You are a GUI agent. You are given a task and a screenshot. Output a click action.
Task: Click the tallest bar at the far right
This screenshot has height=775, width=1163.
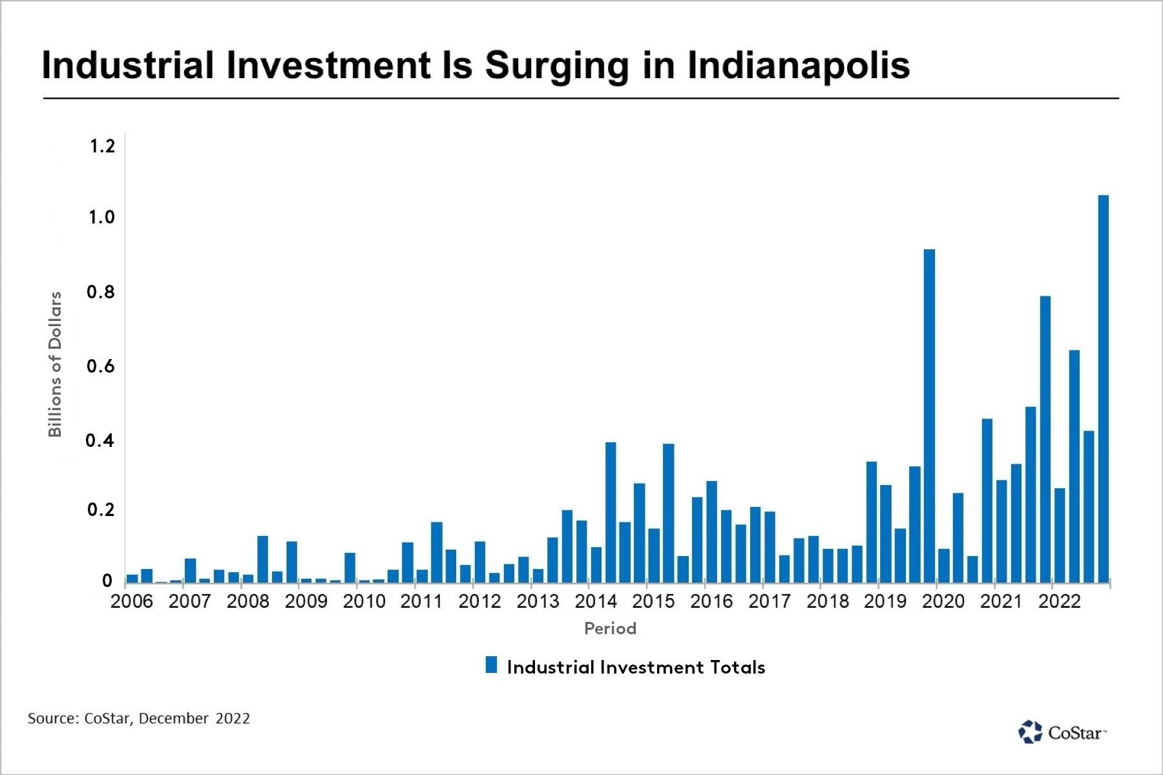click(x=1104, y=388)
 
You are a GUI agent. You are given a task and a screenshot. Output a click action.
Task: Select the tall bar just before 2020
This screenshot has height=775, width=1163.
click(x=929, y=415)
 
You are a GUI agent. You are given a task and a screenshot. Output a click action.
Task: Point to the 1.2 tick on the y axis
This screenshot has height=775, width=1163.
click(x=102, y=147)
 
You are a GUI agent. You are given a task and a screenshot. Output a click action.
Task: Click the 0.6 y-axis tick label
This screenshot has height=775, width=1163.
click(x=100, y=366)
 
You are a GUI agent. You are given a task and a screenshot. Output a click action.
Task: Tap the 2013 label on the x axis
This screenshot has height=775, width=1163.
click(x=538, y=601)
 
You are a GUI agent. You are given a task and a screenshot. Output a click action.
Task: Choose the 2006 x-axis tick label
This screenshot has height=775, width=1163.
click(x=132, y=601)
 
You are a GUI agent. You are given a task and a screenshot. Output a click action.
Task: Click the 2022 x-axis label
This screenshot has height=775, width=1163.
click(x=1060, y=601)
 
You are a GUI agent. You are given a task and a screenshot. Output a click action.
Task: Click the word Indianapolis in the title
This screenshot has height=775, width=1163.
click(x=798, y=66)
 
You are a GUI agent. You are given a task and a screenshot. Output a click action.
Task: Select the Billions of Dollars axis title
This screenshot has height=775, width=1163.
click(x=56, y=364)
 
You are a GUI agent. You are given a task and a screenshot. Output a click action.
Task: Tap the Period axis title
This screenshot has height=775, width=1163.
click(x=610, y=628)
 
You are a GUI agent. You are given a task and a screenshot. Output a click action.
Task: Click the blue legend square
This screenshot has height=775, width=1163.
click(x=492, y=665)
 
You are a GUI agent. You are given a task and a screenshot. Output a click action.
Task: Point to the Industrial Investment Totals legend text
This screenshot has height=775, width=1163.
click(x=636, y=667)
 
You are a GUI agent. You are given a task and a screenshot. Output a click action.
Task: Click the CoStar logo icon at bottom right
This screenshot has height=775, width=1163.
click(x=1031, y=732)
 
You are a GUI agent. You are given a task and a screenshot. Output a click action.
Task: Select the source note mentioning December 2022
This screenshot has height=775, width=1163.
click(x=139, y=718)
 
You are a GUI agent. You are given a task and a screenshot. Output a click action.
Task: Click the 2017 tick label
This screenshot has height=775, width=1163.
click(x=770, y=601)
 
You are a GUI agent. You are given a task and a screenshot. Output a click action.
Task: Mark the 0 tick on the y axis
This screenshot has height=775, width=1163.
click(x=107, y=581)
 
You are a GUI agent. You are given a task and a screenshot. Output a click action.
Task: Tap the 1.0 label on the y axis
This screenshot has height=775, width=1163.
click(x=101, y=217)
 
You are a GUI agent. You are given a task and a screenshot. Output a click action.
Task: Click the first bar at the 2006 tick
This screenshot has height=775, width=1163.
click(x=132, y=578)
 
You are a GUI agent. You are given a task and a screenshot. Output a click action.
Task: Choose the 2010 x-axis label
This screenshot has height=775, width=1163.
click(x=364, y=601)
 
